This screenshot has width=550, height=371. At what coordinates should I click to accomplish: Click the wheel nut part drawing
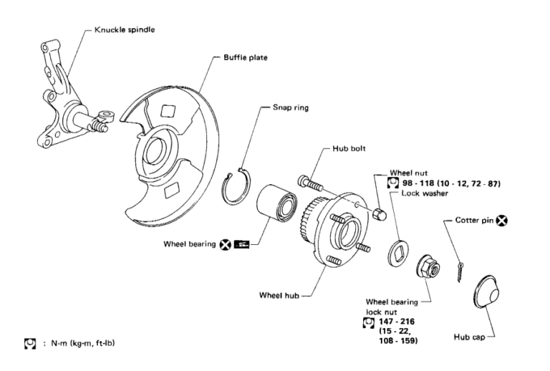381,213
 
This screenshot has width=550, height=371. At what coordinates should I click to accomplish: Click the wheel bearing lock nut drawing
428,268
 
